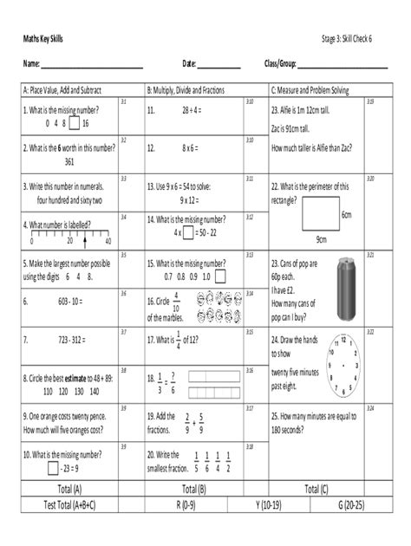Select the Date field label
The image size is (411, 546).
click(189, 63)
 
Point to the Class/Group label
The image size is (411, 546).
click(280, 63)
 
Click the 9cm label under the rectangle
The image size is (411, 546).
click(321, 240)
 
